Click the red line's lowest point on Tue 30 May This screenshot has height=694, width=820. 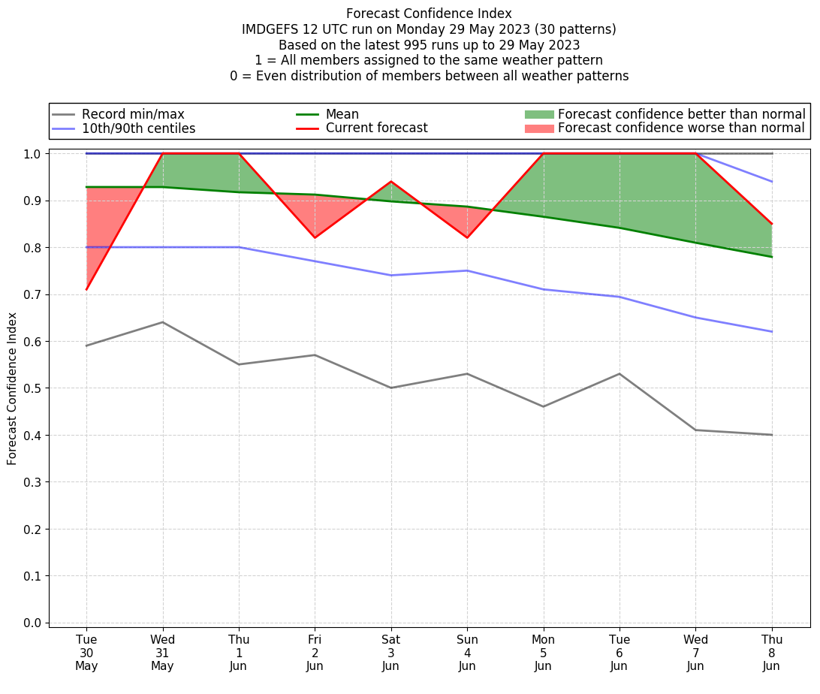tap(86, 289)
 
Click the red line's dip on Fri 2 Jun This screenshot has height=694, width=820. tap(315, 237)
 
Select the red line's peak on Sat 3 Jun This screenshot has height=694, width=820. tap(390, 181)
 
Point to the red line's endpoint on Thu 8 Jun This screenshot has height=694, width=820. tap(771, 224)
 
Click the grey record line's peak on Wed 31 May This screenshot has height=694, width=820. tap(162, 322)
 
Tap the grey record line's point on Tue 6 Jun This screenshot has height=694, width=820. tap(619, 373)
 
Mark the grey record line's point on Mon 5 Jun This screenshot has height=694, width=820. tap(543, 406)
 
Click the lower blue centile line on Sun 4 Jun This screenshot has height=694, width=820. tap(467, 270)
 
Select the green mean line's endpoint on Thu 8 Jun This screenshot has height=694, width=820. tap(771, 257)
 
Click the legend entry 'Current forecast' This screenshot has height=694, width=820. tap(376, 128)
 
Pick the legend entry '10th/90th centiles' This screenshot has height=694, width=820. tap(138, 128)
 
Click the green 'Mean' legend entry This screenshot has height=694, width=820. tap(342, 114)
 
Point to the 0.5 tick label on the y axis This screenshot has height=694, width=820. tap(32, 388)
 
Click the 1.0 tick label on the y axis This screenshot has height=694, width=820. tap(32, 153)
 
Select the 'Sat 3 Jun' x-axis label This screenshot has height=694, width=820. tap(390, 653)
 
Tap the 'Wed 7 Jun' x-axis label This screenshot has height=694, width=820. tap(695, 653)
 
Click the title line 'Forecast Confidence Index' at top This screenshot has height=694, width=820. tap(429, 14)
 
